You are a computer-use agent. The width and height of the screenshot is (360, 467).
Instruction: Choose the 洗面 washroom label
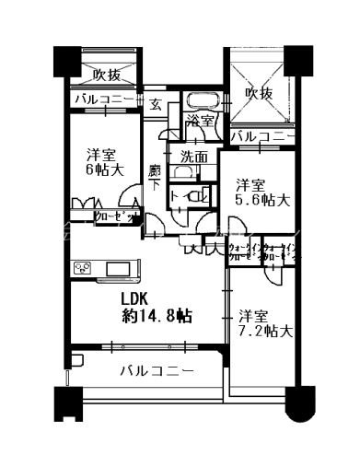click(x=193, y=157)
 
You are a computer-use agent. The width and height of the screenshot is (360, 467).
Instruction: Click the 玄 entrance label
click(x=157, y=104)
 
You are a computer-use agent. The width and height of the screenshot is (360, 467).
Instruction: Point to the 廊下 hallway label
click(x=156, y=175)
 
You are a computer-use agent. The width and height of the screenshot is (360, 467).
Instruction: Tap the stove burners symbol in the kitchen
click(x=83, y=269)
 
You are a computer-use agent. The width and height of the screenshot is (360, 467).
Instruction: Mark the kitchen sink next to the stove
click(x=121, y=268)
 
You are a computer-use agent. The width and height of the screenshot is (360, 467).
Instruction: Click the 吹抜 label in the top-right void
click(x=259, y=93)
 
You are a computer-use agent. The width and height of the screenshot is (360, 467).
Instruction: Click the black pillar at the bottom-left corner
click(x=66, y=402)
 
